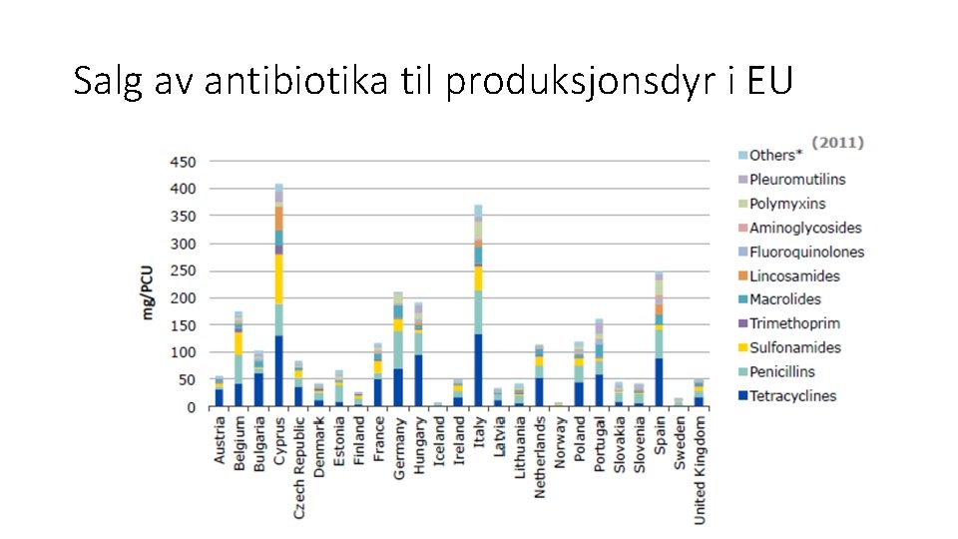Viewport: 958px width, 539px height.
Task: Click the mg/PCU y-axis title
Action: (148, 291)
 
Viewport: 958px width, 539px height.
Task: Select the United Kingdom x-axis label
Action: (700, 469)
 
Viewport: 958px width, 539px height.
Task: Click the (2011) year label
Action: (836, 143)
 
